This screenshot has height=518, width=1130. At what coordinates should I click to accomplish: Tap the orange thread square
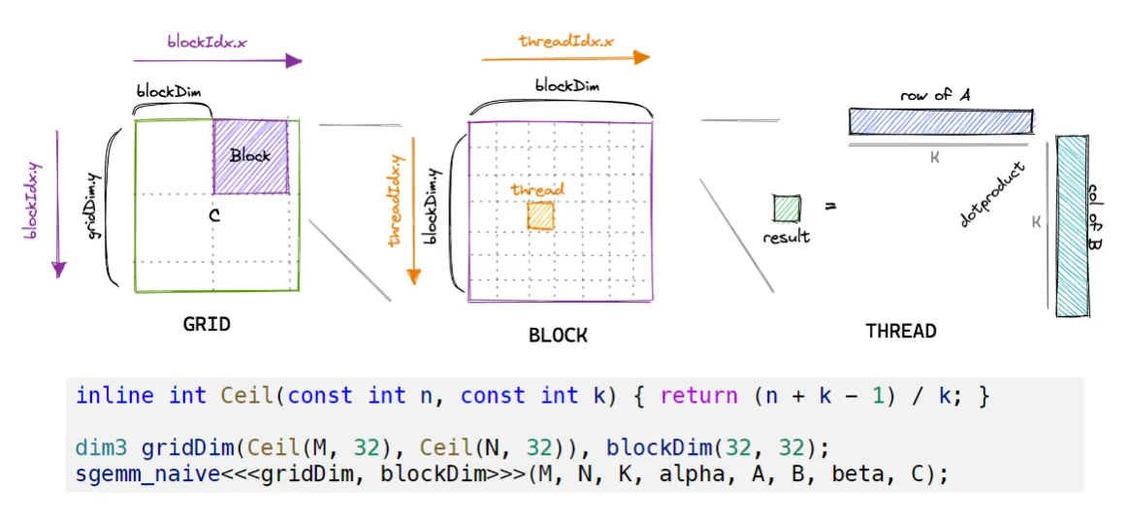point(540,215)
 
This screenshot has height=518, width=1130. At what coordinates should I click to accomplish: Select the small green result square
point(786,209)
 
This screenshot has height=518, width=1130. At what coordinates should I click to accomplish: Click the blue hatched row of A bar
point(940,121)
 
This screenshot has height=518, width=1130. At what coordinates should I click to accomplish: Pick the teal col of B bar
point(1071,225)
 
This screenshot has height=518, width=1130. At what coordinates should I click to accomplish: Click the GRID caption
point(207,324)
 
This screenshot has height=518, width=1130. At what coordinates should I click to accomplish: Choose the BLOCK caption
point(558,336)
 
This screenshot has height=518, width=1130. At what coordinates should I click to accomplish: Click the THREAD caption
point(901,331)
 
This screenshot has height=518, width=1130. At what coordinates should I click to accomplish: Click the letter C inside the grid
point(215,218)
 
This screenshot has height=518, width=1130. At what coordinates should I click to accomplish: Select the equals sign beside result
point(831,207)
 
